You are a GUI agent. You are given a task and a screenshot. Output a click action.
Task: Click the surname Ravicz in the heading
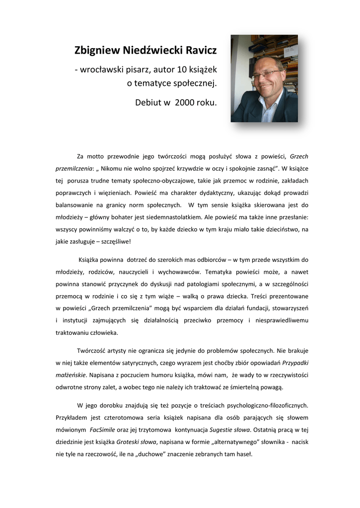coord(198,50)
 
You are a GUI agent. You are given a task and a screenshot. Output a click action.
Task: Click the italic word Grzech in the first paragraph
coord(298,157)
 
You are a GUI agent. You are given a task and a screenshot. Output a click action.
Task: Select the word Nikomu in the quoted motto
coord(116,169)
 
